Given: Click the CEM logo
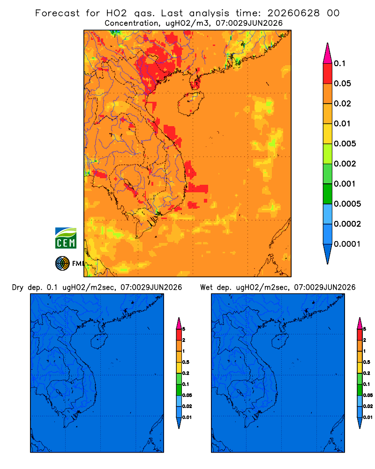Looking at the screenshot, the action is click(x=66, y=238).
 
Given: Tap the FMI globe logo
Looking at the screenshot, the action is click(x=62, y=264).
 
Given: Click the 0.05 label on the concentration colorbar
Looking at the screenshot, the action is click(x=342, y=83).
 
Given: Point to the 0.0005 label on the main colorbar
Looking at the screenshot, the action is click(x=347, y=204).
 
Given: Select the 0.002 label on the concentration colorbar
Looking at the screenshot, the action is click(x=345, y=164).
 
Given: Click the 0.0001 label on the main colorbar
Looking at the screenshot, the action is click(x=347, y=244).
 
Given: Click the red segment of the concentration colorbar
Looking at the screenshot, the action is click(x=328, y=73).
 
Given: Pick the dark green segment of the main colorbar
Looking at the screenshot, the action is click(x=328, y=194).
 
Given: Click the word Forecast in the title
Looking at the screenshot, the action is click(x=57, y=13).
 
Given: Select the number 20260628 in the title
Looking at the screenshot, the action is click(x=293, y=13).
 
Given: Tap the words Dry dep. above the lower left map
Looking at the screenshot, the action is click(x=27, y=287).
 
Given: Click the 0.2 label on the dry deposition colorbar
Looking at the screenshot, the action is click(x=186, y=373).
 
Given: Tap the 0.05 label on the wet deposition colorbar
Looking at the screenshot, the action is click(x=368, y=395).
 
